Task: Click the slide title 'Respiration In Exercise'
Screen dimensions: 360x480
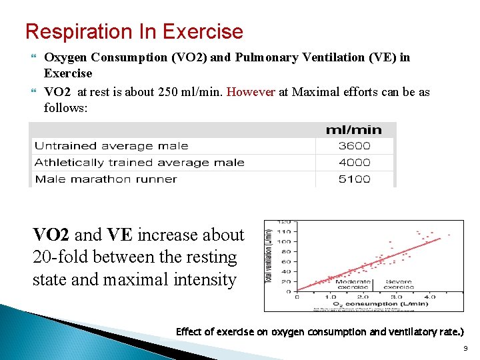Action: point(133,31)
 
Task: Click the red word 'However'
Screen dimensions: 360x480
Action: point(251,92)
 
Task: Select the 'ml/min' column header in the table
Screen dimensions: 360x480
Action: point(353,130)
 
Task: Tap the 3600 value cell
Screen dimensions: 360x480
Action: point(354,146)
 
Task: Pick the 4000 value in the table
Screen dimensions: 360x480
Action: point(354,163)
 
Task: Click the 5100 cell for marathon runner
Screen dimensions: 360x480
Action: point(354,179)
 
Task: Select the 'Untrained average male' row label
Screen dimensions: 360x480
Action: point(111,146)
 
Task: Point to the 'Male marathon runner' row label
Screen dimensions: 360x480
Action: point(106,179)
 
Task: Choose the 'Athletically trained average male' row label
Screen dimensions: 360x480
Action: point(139,163)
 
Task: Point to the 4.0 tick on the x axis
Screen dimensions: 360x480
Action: point(430,297)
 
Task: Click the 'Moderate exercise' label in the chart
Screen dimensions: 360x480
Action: point(353,285)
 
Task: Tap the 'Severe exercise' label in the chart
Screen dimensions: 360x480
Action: point(399,285)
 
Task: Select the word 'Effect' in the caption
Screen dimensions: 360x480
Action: point(189,331)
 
